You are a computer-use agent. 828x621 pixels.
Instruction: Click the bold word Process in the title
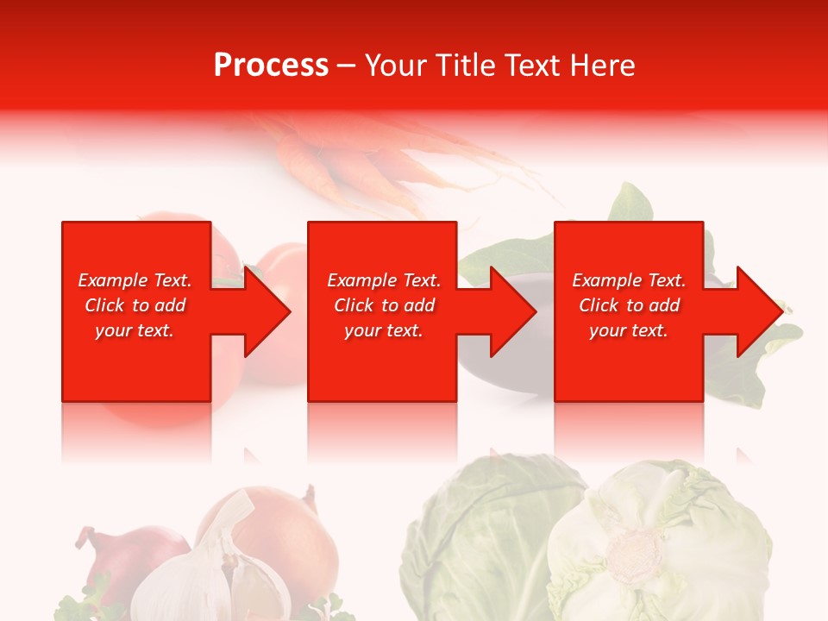(x=271, y=66)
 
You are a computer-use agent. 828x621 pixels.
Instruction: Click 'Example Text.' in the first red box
(x=135, y=280)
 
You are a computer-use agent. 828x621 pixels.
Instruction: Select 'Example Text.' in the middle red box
(x=384, y=280)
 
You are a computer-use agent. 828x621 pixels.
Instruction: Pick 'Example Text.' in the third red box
(x=629, y=280)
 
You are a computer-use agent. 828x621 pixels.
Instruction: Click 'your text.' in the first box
(x=135, y=330)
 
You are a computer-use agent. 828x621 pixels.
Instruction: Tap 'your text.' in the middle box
(x=384, y=330)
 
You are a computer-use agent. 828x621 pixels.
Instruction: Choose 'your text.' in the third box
(x=629, y=330)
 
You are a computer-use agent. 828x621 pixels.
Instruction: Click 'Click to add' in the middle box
(x=384, y=305)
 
